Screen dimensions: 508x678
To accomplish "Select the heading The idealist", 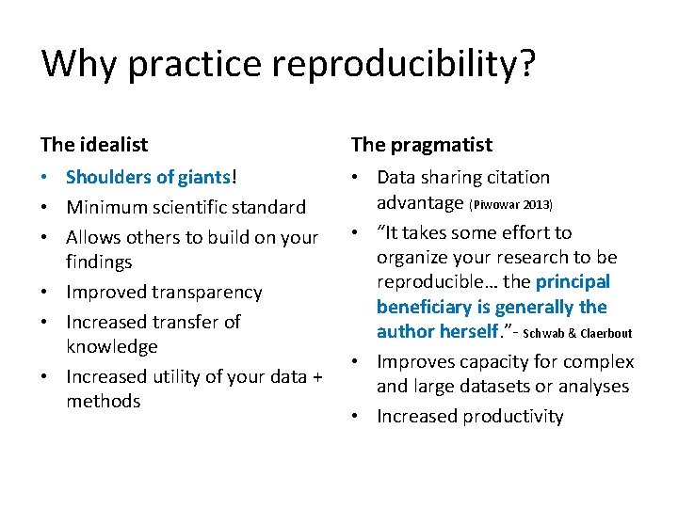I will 94,145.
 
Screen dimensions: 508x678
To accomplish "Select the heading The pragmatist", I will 421,145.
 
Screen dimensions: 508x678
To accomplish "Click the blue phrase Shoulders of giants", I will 148,177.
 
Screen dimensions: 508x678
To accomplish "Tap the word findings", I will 99,262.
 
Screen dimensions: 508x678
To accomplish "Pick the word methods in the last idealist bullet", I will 103,401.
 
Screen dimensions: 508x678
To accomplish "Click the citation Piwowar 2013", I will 510,204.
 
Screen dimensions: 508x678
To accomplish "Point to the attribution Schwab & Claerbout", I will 577,333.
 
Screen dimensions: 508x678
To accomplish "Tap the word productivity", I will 511,416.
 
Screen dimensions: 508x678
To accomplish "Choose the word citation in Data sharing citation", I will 516,177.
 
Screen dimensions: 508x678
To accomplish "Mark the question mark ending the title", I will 527,64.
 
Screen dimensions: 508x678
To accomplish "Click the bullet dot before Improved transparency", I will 46,293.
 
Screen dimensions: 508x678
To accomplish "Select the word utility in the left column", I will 175,376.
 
